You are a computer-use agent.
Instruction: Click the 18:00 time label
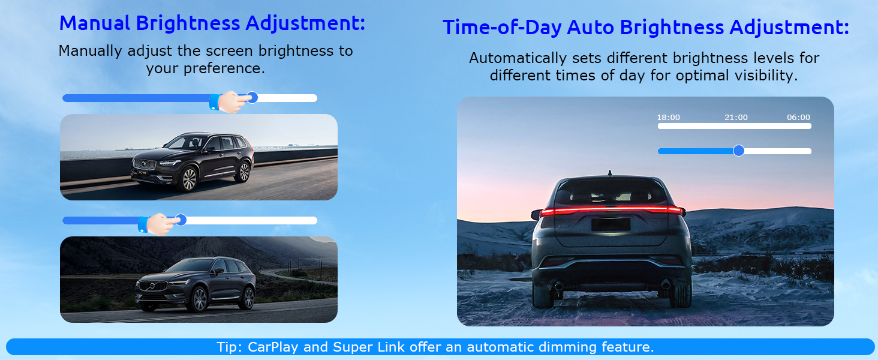pyautogui.click(x=668, y=117)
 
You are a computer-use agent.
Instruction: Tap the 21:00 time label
pyautogui.click(x=736, y=117)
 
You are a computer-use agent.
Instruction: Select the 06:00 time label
pyautogui.click(x=798, y=117)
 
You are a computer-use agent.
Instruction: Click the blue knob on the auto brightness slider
pyautogui.click(x=738, y=151)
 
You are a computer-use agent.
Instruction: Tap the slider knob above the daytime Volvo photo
pyautogui.click(x=252, y=97)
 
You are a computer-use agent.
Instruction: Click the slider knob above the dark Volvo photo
pyautogui.click(x=181, y=220)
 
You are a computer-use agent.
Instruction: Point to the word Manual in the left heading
pyautogui.click(x=95, y=23)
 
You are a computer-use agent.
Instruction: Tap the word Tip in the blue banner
pyautogui.click(x=228, y=347)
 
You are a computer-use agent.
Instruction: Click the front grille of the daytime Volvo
pyautogui.click(x=145, y=164)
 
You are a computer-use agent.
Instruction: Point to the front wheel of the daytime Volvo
pyautogui.click(x=190, y=179)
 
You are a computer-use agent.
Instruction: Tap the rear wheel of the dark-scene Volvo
pyautogui.click(x=248, y=298)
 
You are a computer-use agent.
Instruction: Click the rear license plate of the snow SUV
pyautogui.click(x=611, y=225)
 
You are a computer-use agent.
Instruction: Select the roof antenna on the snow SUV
pyautogui.click(x=609, y=173)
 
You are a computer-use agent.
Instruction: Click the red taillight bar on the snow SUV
pyautogui.click(x=611, y=211)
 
